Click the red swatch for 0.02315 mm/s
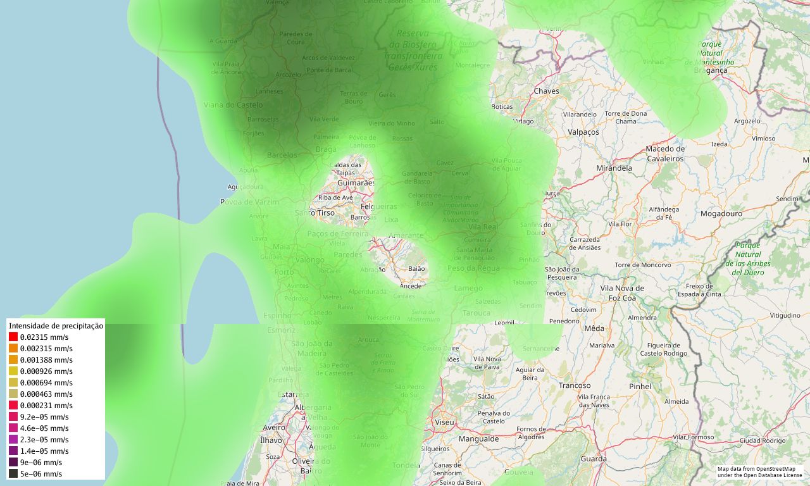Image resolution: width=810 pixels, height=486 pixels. (13, 337)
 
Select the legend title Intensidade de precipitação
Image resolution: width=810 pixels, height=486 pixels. (56, 325)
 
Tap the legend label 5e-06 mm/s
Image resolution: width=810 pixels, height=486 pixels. (41, 473)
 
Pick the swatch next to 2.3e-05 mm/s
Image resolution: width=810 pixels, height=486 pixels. (13, 439)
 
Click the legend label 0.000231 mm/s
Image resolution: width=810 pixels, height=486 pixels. (46, 405)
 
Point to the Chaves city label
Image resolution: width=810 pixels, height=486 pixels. (547, 91)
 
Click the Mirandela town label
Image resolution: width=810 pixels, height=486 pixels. (614, 168)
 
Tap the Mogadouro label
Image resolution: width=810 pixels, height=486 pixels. (721, 214)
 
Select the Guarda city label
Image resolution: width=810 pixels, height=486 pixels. (594, 459)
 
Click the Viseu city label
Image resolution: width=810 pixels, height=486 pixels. (445, 421)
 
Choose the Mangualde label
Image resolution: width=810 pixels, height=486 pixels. (478, 439)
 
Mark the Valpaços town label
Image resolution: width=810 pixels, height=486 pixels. (583, 132)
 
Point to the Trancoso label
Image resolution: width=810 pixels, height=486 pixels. (575, 385)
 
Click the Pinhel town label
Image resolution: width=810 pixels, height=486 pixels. (640, 386)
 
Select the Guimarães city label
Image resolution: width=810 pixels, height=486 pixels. (356, 183)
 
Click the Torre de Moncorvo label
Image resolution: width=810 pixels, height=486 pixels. (642, 265)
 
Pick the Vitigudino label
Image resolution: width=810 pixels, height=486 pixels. (785, 315)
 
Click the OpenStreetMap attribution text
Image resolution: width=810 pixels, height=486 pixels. (759, 471)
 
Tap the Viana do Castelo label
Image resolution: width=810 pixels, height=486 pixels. (233, 105)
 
